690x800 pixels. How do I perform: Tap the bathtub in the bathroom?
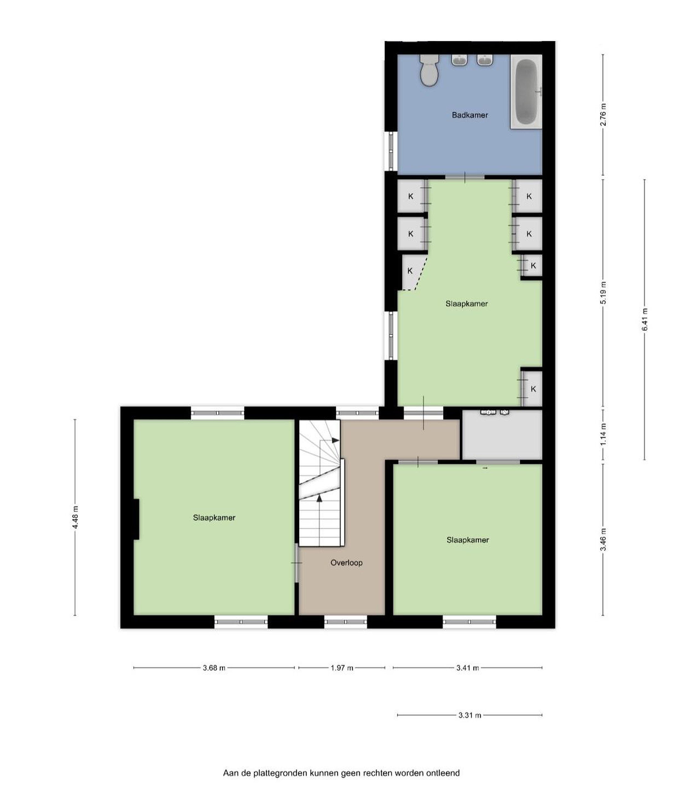pyautogui.click(x=526, y=91)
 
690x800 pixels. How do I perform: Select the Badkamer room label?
pyautogui.click(x=470, y=115)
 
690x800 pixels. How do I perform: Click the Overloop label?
pyautogui.click(x=346, y=562)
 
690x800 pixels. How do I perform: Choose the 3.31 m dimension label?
pyautogui.click(x=470, y=715)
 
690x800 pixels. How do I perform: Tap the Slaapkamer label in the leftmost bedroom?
pyautogui.click(x=214, y=518)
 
